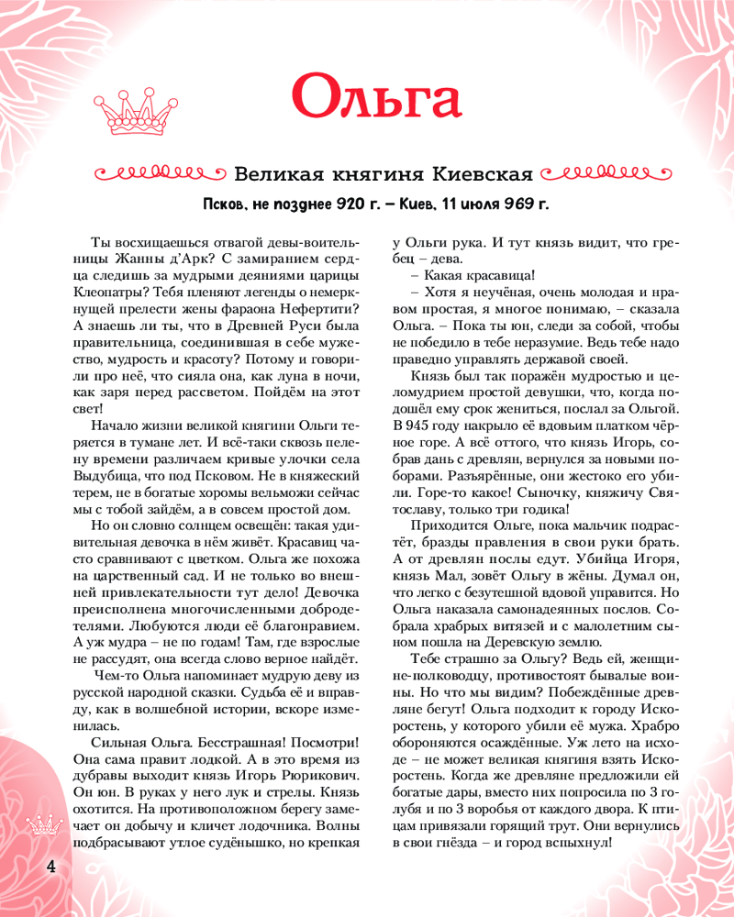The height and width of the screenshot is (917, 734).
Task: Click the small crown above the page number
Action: [43, 824]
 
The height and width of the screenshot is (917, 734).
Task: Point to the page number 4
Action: [39, 867]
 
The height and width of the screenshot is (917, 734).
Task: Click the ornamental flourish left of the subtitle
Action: [159, 173]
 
